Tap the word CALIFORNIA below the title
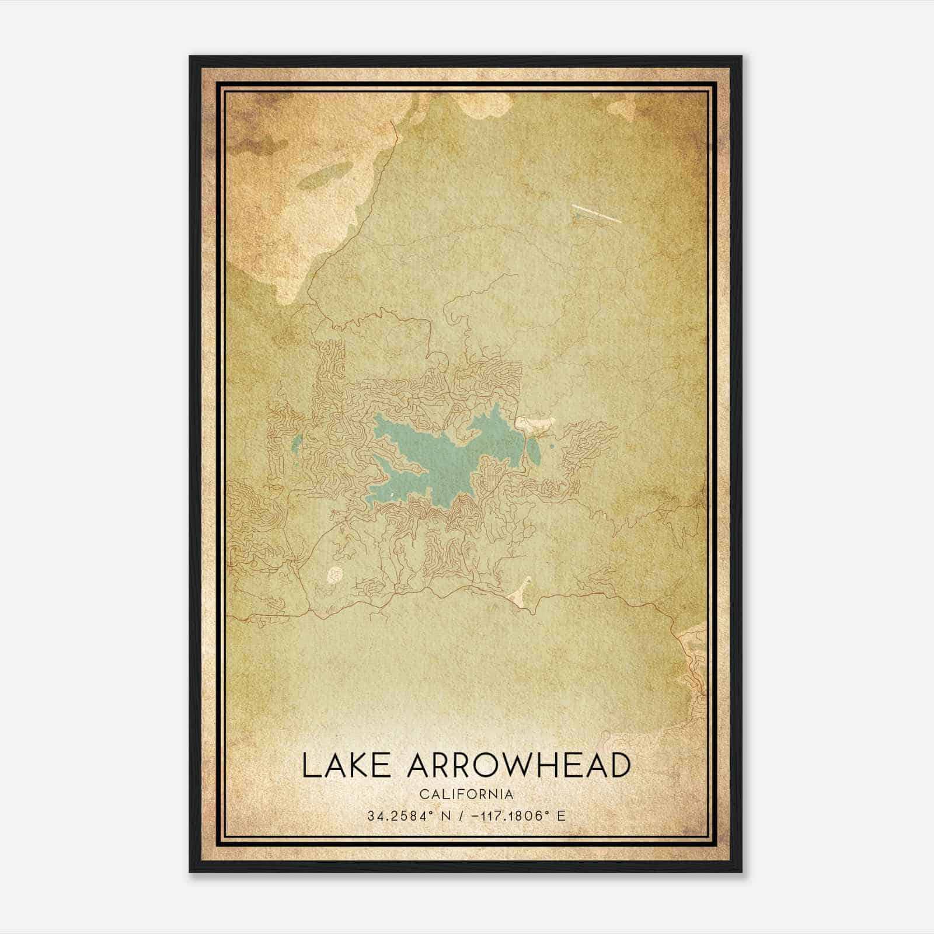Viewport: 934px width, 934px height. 466,794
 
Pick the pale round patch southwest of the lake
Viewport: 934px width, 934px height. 335,574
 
